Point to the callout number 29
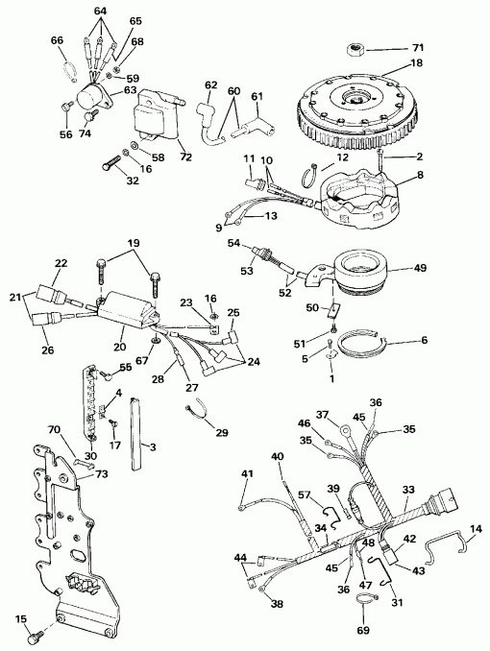(222, 434)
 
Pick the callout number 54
(233, 245)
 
